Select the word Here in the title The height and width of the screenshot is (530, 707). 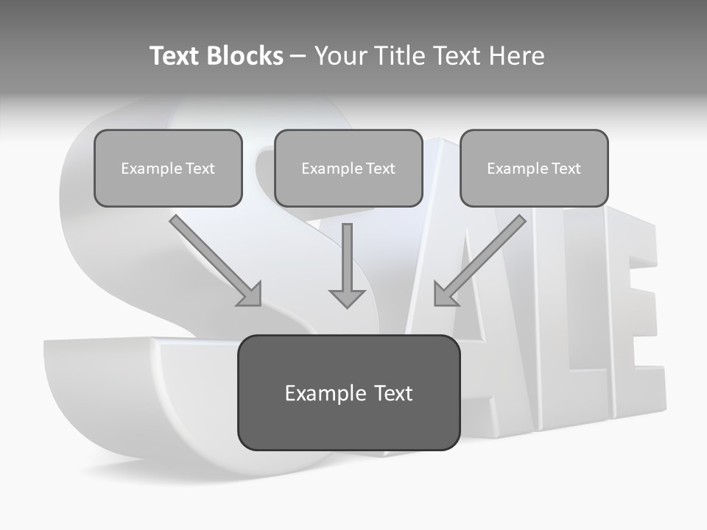tap(516, 56)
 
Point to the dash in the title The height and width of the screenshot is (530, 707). tap(298, 57)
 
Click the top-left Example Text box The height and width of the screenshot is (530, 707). tap(168, 168)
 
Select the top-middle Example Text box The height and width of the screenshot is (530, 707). tap(348, 168)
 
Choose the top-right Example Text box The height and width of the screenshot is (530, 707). tap(534, 168)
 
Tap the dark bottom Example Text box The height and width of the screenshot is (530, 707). tap(348, 392)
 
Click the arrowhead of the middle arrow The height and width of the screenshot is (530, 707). tap(347, 297)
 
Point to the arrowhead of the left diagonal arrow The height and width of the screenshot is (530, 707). tap(250, 294)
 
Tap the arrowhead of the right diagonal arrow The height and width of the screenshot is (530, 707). tap(444, 294)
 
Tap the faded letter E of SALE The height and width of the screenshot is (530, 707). tap(633, 324)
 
